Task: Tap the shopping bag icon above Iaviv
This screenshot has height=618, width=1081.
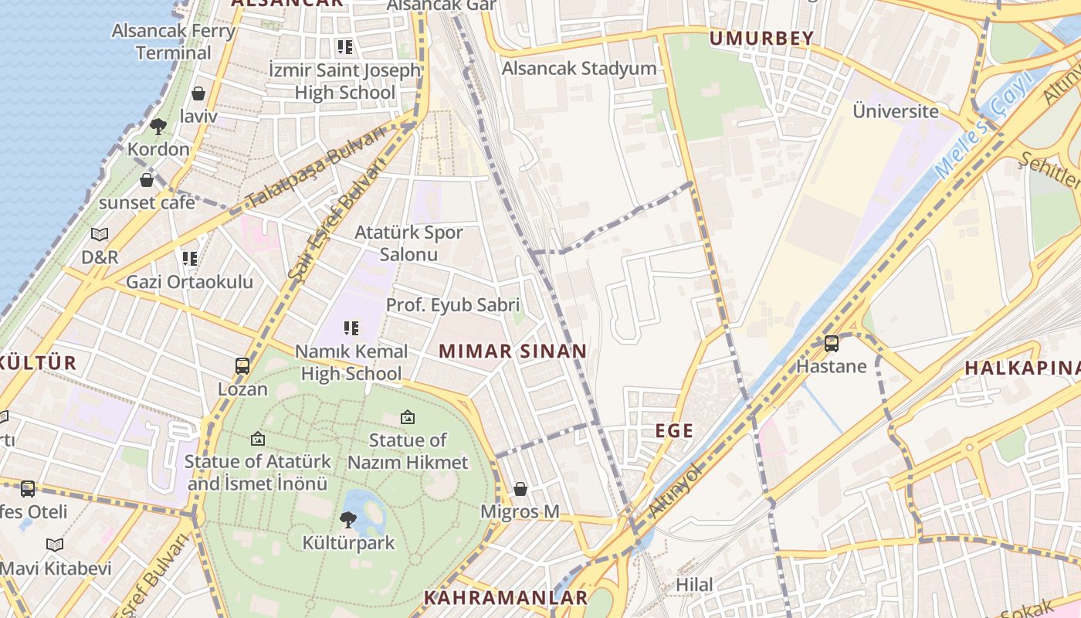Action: click(x=198, y=94)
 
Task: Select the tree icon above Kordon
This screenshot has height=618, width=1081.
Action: click(x=158, y=126)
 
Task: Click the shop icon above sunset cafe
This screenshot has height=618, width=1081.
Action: click(x=147, y=181)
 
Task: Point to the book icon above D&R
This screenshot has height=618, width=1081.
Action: click(x=100, y=234)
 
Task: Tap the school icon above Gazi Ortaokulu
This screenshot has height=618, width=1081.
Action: click(x=189, y=259)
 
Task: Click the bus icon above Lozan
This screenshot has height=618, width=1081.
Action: click(x=242, y=366)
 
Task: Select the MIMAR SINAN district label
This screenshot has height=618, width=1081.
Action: click(x=513, y=351)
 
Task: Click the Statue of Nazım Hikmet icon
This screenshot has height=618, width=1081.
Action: click(x=408, y=418)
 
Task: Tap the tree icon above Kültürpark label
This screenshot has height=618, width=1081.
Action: click(x=348, y=520)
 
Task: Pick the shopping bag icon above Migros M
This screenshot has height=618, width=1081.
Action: click(x=520, y=489)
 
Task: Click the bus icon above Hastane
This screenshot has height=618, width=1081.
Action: click(x=832, y=344)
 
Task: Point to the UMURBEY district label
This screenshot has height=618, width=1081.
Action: click(x=761, y=38)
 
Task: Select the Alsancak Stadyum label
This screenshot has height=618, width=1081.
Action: click(x=579, y=68)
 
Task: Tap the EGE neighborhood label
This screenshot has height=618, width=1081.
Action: click(x=674, y=431)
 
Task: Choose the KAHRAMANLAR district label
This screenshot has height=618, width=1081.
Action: click(x=506, y=598)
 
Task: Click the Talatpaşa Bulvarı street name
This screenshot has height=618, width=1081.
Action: click(x=317, y=169)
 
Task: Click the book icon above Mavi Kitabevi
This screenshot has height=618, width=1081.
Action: click(x=54, y=545)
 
